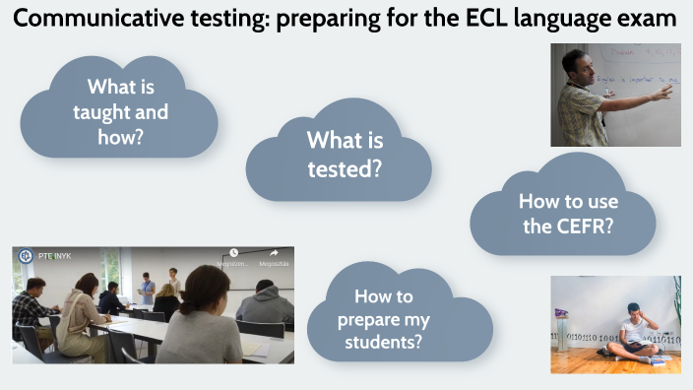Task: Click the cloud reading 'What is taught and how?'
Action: (x=120, y=110)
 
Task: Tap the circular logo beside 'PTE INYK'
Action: (x=25, y=257)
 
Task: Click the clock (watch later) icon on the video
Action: (x=234, y=254)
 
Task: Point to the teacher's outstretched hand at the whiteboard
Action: (x=665, y=92)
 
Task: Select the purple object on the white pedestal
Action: (x=561, y=313)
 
